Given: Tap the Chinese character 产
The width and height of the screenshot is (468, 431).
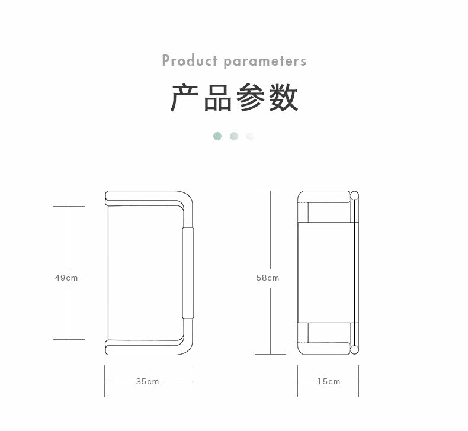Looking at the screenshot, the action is click(184, 98).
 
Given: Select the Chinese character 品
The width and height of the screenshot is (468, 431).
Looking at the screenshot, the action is click(217, 98).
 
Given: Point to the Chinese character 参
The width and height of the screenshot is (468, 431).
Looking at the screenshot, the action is click(251, 98).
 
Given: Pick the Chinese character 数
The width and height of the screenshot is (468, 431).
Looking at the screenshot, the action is click(283, 98).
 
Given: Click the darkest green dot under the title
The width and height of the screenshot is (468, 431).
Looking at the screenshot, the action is click(217, 136).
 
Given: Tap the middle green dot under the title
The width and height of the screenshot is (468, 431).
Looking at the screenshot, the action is click(234, 136).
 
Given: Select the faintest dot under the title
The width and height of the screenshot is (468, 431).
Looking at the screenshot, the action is click(250, 136).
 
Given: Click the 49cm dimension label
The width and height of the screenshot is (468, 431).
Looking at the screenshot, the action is click(66, 278).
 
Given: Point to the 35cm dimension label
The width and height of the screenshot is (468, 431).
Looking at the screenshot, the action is click(148, 381).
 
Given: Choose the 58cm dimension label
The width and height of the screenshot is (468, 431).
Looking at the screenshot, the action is click(268, 278).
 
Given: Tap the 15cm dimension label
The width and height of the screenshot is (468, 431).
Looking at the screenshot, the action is click(328, 381).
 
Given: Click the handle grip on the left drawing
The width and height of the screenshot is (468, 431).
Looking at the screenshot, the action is click(188, 273).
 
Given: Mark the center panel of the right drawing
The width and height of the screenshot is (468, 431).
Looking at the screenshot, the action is click(326, 273).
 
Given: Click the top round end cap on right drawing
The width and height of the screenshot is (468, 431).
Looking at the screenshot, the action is click(355, 195).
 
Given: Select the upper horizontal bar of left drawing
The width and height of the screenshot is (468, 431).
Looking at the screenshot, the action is click(145, 196).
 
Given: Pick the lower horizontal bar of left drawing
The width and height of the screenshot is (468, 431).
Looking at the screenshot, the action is click(145, 349).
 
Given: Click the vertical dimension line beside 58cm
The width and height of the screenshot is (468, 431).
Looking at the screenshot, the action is click(271, 237).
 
